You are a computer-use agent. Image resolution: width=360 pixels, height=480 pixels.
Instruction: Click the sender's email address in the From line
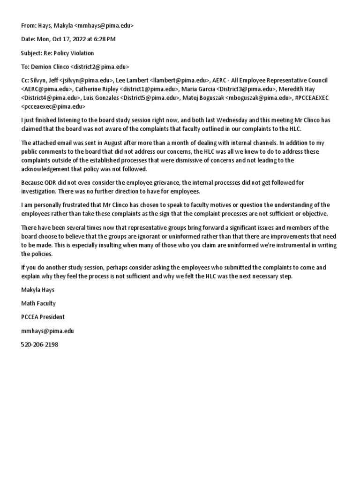104,26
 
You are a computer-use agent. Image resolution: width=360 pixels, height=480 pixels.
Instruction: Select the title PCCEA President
43,317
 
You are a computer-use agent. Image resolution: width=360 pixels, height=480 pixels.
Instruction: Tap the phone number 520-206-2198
40,344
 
